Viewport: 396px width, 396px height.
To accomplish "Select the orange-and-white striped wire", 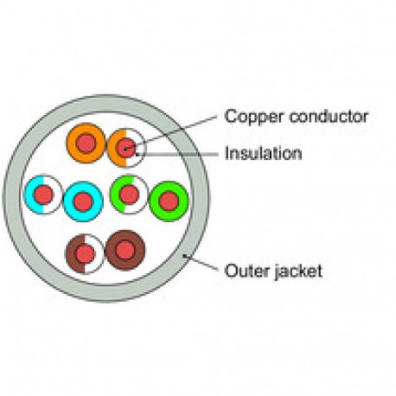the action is click(x=113, y=148).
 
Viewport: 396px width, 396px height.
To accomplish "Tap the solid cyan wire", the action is click(x=68, y=201).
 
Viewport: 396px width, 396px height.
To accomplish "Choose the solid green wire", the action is click(x=155, y=201).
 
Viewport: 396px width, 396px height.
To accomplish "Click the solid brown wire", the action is click(x=112, y=250).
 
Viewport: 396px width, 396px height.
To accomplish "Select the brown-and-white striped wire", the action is click(x=72, y=254).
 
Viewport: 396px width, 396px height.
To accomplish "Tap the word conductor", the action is click(x=329, y=116).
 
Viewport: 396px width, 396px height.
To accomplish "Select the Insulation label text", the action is click(x=263, y=153).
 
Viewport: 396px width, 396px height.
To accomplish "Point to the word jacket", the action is click(x=297, y=271).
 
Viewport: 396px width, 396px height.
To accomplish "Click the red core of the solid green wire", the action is click(x=169, y=201).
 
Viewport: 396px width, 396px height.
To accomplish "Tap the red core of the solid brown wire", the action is click(x=125, y=250).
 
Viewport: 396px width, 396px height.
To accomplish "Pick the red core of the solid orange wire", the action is click(x=86, y=144).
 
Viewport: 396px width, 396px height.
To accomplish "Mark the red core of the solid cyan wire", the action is click(x=83, y=201).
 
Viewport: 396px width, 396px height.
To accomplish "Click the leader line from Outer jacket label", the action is click(x=201, y=263).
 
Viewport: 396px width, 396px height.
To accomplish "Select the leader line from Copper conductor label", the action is click(x=170, y=133).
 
